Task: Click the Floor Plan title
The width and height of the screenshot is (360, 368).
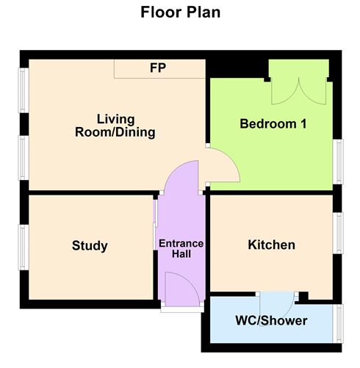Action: coord(180,12)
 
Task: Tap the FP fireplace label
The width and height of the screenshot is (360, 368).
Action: coord(157,68)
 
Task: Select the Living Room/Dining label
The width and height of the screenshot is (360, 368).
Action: coord(115,126)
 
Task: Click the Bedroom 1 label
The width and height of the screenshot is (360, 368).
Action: coord(273,124)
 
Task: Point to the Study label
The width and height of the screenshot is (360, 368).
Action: coord(90,245)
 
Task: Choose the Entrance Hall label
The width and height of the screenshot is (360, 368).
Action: coord(181,248)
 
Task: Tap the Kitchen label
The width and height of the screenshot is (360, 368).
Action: coord(271,245)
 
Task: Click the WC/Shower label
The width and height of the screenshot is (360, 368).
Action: coord(271,321)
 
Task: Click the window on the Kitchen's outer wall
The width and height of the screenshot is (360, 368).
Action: coord(339,233)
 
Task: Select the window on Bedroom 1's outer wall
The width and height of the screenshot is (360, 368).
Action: coord(339,160)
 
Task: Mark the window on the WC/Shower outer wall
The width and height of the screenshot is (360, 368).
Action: coord(339,323)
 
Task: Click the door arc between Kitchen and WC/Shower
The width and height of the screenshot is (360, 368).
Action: coord(278,303)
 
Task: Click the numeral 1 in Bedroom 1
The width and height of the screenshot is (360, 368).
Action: coord(301,124)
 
